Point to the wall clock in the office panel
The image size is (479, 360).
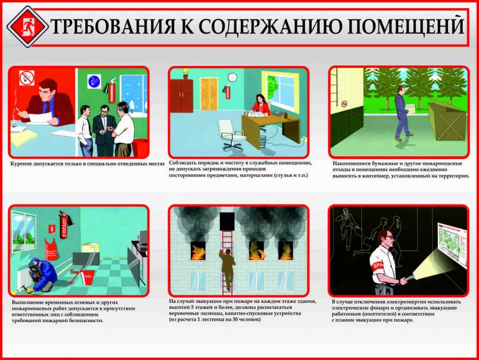pyautogui.click(x=232, y=78)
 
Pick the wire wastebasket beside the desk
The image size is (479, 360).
pyautogui.click(x=262, y=141)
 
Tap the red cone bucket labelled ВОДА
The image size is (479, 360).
pyautogui.click(x=87, y=276)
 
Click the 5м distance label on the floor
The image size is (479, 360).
pyautogui.click(x=74, y=271)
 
